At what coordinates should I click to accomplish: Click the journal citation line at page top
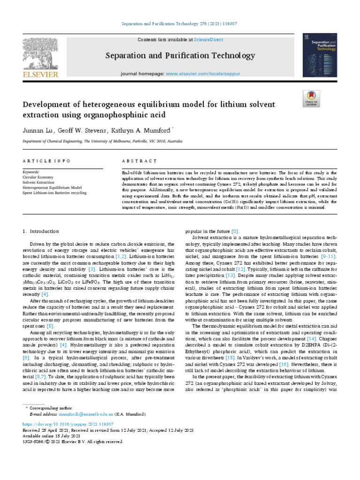coord(180,23)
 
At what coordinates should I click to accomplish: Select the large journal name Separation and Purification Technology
coord(179,56)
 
